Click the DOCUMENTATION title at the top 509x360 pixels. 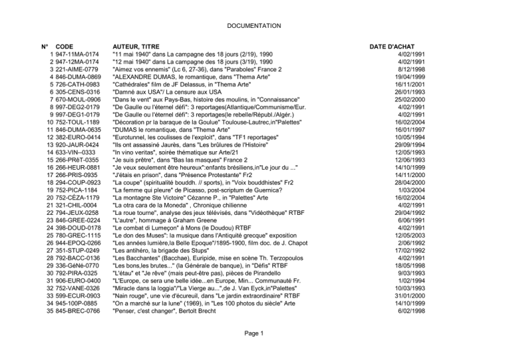point(254,25)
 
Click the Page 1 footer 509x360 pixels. point(254,351)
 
